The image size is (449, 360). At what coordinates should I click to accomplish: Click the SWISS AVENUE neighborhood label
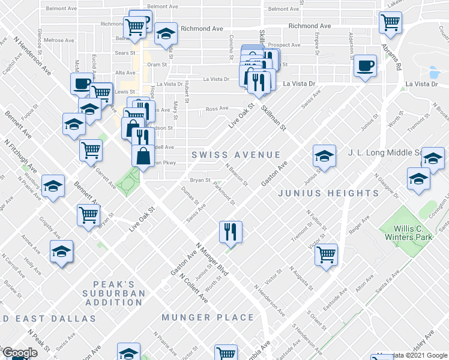click(x=232, y=155)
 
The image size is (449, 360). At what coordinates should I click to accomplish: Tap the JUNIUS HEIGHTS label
click(x=328, y=193)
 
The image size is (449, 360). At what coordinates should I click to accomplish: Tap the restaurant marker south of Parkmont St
click(x=230, y=231)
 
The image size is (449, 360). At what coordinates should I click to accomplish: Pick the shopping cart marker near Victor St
click(x=326, y=254)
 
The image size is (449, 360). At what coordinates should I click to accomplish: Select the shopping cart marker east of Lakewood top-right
click(x=390, y=22)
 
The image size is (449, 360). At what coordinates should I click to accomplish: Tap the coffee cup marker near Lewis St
click(x=82, y=83)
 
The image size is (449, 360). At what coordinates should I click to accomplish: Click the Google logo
click(x=20, y=353)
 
